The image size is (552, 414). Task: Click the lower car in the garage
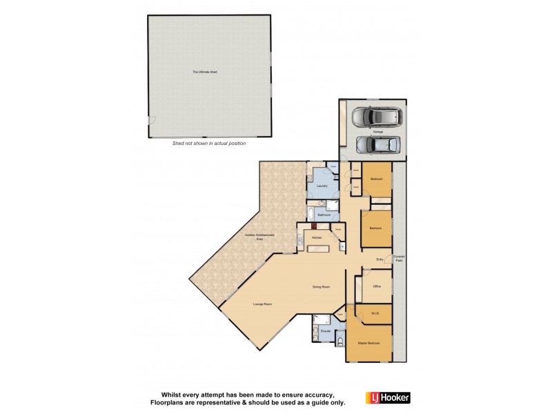click(x=377, y=145)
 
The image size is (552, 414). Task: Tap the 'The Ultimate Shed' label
click(x=205, y=72)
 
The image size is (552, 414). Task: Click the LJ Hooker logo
click(x=391, y=397)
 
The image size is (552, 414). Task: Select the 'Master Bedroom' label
click(x=368, y=343)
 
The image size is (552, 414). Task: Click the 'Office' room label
click(x=377, y=286)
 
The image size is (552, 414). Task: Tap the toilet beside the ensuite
click(x=339, y=341)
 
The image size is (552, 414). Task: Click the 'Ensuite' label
click(x=325, y=331)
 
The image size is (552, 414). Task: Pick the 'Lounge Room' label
click(x=263, y=304)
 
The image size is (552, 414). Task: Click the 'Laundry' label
click(x=322, y=186)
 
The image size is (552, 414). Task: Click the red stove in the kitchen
click(x=313, y=225)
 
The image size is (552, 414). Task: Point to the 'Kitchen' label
click(x=317, y=237)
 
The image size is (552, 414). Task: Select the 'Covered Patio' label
click(x=399, y=259)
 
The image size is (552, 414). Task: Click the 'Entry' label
click(x=379, y=259)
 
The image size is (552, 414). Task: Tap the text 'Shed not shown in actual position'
click(x=208, y=144)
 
